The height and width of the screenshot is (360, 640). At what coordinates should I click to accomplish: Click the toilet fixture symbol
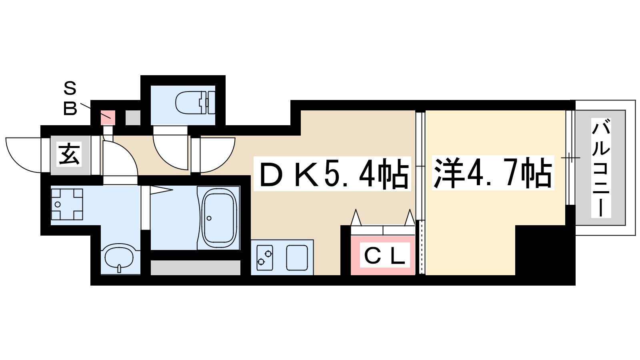(x=195, y=102)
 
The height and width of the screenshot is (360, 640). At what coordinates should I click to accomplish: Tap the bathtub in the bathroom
(x=219, y=218)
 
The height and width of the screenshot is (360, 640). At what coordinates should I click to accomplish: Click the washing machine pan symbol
(x=67, y=204)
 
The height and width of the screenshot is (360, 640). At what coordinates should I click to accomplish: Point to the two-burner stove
(x=264, y=258)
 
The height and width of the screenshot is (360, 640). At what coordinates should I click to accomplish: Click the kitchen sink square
(x=297, y=258)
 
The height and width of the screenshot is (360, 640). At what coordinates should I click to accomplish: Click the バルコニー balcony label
(x=601, y=168)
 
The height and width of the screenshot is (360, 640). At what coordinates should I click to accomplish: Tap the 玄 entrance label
(x=70, y=154)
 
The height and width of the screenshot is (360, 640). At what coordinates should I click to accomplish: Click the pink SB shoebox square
(x=108, y=118)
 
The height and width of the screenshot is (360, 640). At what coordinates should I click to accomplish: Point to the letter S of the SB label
(x=70, y=88)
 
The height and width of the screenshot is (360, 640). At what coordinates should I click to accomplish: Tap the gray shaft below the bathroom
(x=196, y=268)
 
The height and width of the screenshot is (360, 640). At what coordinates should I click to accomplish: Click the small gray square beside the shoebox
(x=133, y=118)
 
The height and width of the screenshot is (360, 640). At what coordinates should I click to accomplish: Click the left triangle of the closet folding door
(x=356, y=218)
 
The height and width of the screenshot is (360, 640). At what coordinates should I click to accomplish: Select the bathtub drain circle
(x=209, y=218)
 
